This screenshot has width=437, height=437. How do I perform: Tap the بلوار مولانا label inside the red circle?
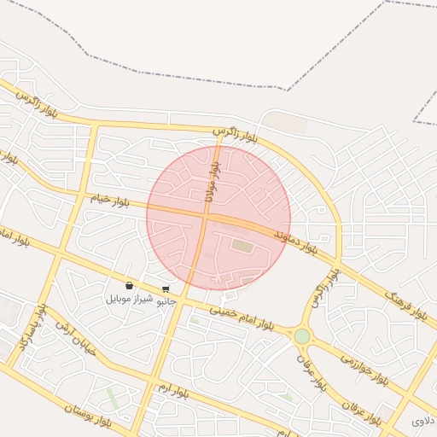(210, 183)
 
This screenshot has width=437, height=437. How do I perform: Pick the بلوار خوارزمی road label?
(364, 367)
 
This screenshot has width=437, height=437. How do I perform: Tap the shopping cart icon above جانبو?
(165, 289)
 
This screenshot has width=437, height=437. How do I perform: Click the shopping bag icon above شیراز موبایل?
(129, 286)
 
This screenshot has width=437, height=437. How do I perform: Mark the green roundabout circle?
(302, 336)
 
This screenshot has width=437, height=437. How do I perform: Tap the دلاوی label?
(423, 421)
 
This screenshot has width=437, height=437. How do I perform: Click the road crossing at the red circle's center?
(206, 217)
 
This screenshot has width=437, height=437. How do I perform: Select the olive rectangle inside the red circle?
(243, 247)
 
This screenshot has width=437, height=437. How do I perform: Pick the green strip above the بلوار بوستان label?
(114, 397)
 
